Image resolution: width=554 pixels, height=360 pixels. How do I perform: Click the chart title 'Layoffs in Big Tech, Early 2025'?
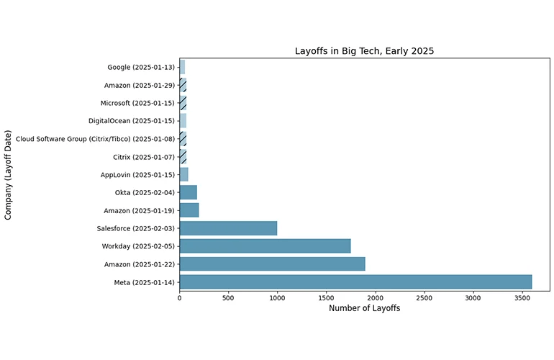click(364, 51)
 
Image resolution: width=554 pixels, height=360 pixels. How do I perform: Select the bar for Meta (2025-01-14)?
click(355, 282)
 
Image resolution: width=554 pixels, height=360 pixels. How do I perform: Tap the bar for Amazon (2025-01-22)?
click(272, 264)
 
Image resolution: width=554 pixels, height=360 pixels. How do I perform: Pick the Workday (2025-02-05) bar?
click(265, 246)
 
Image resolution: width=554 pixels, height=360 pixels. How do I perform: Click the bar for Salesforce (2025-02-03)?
click(228, 228)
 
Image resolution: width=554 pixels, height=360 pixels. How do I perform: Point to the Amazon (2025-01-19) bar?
click(189, 210)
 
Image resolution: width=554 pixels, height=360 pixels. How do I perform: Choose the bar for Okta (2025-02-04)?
click(188, 192)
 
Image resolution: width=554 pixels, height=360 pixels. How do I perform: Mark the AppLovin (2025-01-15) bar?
click(183, 175)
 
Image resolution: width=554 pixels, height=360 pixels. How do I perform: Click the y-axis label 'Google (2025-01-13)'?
click(141, 68)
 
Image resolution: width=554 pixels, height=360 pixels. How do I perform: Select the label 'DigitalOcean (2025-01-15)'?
click(132, 121)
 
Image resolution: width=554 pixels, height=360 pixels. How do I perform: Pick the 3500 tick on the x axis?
click(522, 297)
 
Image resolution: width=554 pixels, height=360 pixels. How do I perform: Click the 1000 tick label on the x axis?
click(277, 297)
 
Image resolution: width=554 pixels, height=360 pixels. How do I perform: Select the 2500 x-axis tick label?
click(424, 297)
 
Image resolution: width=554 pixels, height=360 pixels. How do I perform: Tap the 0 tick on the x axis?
click(179, 297)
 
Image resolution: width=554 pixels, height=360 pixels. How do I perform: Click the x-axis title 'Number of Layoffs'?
click(364, 308)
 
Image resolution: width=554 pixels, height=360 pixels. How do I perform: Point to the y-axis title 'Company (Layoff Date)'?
click(9, 175)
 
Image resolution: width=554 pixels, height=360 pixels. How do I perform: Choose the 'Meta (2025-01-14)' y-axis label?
click(144, 282)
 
